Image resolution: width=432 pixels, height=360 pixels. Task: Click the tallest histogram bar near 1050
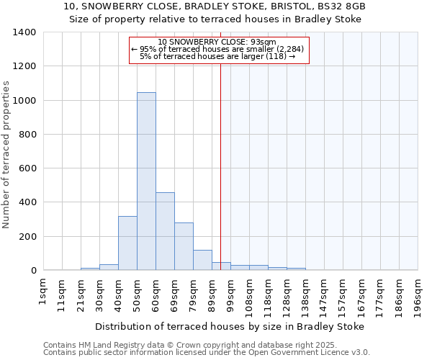146,181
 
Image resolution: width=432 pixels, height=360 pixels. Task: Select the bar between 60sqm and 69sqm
165,231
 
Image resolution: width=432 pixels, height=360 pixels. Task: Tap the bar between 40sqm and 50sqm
127,243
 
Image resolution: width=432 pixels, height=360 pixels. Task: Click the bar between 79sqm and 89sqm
202,260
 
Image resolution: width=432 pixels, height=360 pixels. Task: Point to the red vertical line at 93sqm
220,166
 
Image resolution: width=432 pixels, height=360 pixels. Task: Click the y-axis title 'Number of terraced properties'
6,155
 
